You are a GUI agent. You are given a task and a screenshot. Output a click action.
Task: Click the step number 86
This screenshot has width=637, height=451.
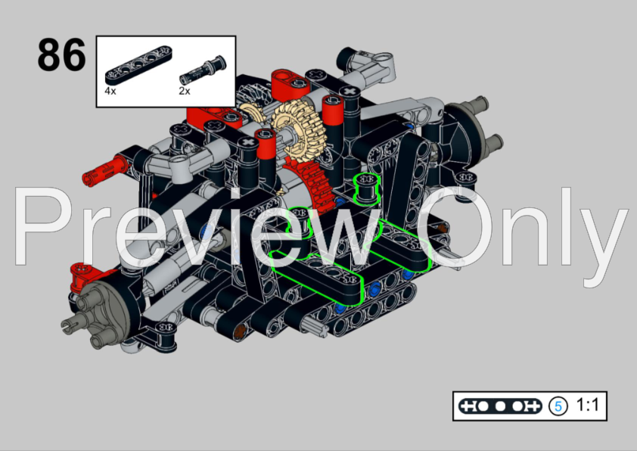coord(62,54)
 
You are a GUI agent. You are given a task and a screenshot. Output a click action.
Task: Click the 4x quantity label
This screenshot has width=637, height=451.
coord(110,90)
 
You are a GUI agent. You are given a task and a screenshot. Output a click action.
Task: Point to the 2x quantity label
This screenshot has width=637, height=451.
coord(185,90)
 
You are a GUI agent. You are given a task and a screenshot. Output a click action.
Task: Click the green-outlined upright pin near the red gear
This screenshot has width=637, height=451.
coord(366,185)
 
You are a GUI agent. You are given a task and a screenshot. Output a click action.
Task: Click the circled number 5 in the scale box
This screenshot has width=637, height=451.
coord(558,406)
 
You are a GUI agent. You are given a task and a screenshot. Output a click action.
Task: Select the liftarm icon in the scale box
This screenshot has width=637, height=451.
coord(499,406)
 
